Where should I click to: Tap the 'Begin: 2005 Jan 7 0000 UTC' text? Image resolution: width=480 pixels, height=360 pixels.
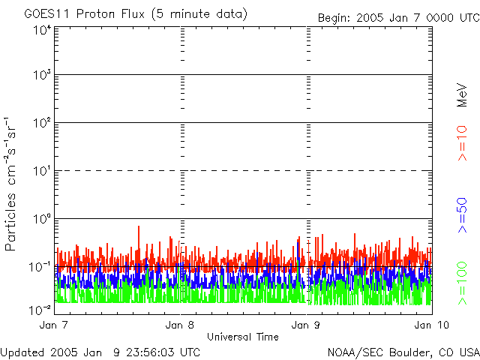tap(397, 16)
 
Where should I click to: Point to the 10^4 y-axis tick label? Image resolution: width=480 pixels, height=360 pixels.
tap(40, 30)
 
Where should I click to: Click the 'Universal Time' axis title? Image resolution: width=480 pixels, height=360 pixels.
tap(242, 336)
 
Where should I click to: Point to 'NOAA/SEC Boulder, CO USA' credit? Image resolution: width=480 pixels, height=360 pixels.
tap(403, 351)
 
